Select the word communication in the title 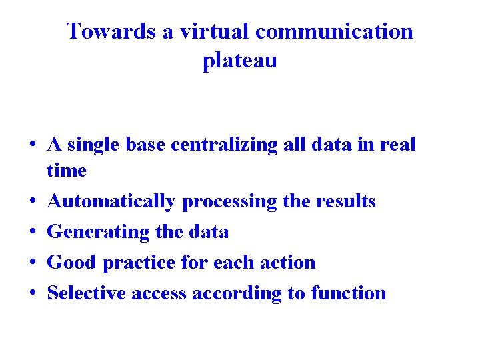point(334,31)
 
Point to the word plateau point(240,61)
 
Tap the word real point(399,144)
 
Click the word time point(67,171)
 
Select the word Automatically point(111,201)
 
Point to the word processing point(229,201)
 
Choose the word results point(344,201)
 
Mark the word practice point(139,263)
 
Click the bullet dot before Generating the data point(32,233)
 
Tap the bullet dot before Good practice point(32,263)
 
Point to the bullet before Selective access point(32,294)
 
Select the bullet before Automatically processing point(32,202)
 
